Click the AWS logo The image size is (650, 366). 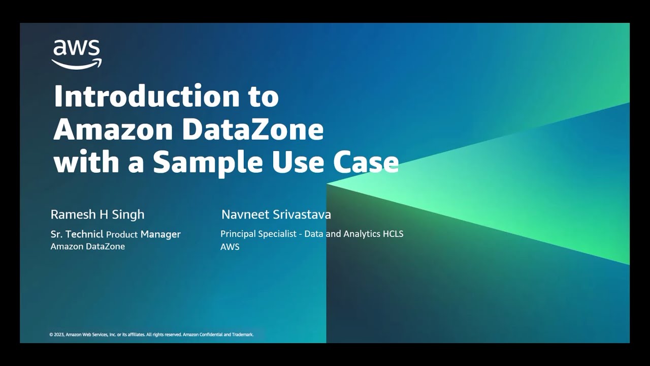[77, 54]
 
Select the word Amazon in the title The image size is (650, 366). [113, 130]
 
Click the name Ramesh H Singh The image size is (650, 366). [97, 215]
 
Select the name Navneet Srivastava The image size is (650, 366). [276, 215]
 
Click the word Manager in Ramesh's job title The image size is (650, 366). [160, 234]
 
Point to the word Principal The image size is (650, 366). [238, 234]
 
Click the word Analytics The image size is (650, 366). [363, 234]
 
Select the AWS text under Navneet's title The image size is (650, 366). [230, 247]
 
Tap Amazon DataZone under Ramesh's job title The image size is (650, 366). [88, 247]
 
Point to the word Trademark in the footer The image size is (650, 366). [243, 335]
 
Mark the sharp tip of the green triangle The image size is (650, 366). [328, 184]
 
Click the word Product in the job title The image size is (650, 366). [122, 234]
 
